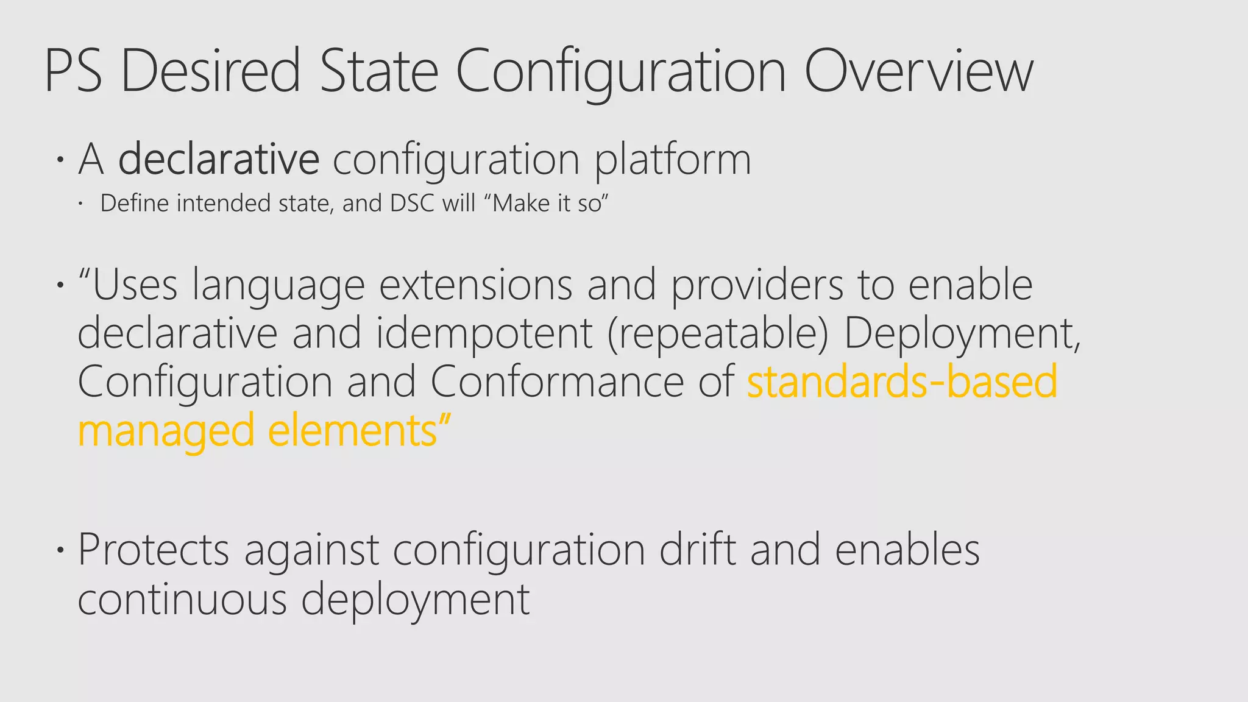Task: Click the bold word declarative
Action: pyautogui.click(x=219, y=160)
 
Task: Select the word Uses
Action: pyautogui.click(x=134, y=285)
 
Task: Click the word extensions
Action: pyautogui.click(x=475, y=285)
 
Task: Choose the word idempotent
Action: pyautogui.click(x=484, y=335)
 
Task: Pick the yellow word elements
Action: pyautogui.click(x=352, y=431)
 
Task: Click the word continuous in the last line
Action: pyautogui.click(x=182, y=600)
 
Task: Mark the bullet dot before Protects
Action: pyautogui.click(x=60, y=550)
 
